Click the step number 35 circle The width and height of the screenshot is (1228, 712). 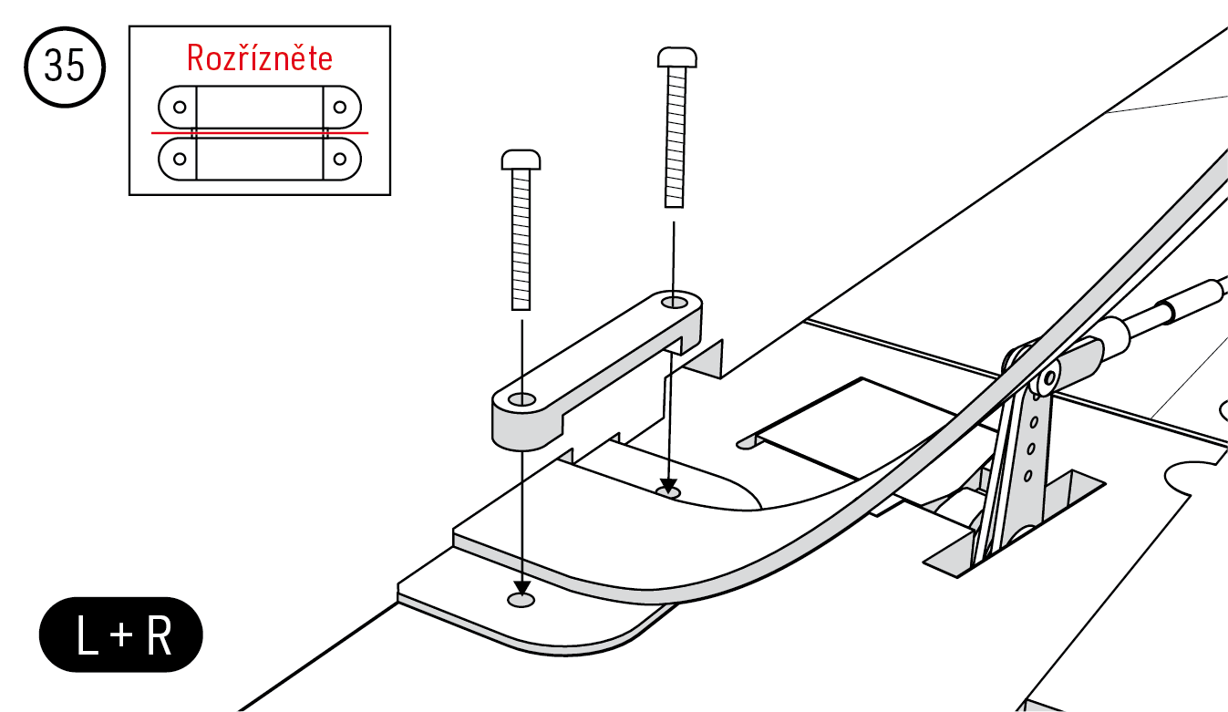tap(65, 67)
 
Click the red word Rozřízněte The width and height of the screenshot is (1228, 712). tap(259, 57)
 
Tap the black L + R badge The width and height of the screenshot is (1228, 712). tap(121, 635)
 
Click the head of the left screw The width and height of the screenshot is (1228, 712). tap(521, 160)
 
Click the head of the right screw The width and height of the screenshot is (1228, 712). tap(677, 57)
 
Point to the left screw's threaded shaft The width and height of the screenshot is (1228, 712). tap(521, 240)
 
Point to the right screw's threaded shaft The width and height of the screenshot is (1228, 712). tap(676, 138)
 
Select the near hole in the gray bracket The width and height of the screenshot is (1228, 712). tap(521, 399)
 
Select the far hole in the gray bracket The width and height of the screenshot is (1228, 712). tap(675, 302)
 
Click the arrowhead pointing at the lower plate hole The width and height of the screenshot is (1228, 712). tap(521, 588)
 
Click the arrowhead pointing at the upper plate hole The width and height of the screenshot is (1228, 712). tap(667, 486)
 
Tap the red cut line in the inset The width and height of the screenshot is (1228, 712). tap(260, 132)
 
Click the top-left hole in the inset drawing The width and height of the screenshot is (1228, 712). tap(180, 107)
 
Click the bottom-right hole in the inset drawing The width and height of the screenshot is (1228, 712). tap(340, 159)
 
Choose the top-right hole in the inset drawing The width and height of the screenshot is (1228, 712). tap(340, 107)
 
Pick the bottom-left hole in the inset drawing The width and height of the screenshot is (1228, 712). tap(180, 159)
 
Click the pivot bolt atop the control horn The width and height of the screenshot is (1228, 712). tap(1049, 378)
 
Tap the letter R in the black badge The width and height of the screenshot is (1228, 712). tap(160, 635)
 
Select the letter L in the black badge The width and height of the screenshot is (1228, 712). tap(88, 635)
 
